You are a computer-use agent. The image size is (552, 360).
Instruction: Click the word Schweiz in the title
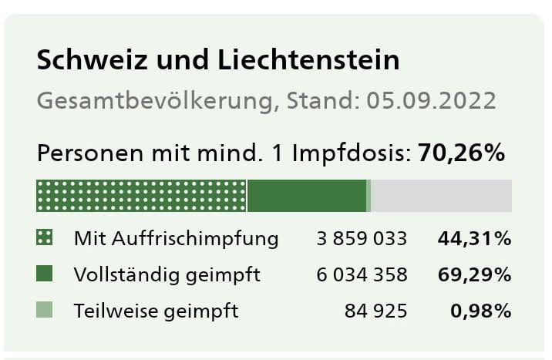(83, 60)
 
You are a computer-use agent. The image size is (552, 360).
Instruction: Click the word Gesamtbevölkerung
(155, 102)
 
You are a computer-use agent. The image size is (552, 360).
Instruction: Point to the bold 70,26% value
(461, 153)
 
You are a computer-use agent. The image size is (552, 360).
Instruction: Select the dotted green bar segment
(141, 195)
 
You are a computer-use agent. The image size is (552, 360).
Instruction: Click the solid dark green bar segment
(307, 195)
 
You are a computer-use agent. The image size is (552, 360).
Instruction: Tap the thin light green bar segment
(369, 195)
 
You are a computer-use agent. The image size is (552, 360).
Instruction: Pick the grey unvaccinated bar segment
(441, 195)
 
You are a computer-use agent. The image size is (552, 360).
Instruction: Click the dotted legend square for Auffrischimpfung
(45, 238)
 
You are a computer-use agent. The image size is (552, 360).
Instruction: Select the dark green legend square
(45, 274)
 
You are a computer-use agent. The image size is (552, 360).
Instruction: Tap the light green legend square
(45, 311)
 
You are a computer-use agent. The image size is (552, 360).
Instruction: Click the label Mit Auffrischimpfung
(176, 238)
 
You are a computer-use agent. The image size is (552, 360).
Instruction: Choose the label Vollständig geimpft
(167, 274)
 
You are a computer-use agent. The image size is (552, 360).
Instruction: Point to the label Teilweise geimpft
(157, 311)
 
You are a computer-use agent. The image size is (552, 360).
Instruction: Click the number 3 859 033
(362, 238)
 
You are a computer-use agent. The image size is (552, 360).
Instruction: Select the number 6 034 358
(362, 274)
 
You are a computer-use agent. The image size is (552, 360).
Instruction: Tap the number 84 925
(376, 311)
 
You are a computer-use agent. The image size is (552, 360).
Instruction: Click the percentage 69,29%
(474, 274)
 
